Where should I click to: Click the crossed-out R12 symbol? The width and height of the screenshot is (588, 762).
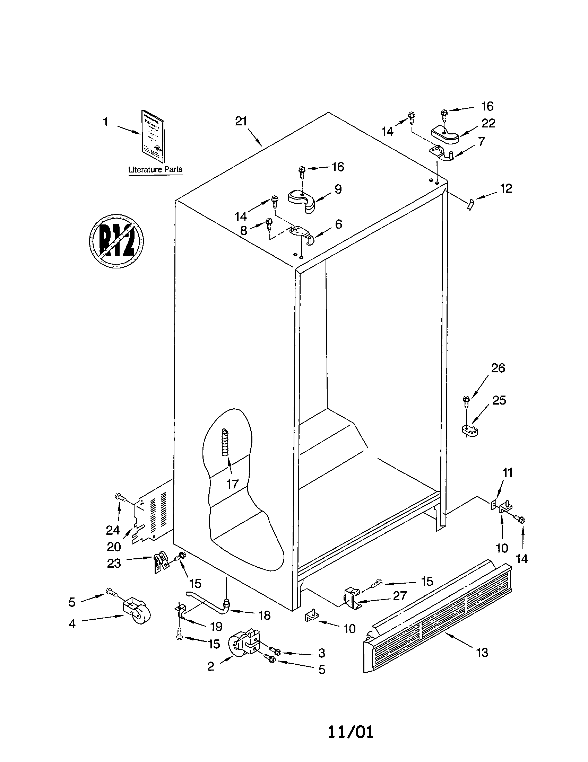[x=116, y=241]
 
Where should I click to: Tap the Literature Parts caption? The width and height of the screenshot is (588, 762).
[x=155, y=170]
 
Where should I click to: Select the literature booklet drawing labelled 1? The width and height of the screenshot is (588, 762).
[x=153, y=136]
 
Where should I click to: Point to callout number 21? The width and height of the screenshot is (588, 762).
[x=241, y=122]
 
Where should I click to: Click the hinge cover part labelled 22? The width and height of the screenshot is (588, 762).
[x=445, y=135]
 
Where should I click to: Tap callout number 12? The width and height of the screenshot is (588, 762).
[x=505, y=188]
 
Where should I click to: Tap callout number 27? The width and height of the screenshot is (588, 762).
[x=400, y=596]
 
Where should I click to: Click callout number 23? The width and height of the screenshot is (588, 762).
[x=114, y=563]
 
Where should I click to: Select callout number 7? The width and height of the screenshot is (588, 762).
[x=482, y=141]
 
